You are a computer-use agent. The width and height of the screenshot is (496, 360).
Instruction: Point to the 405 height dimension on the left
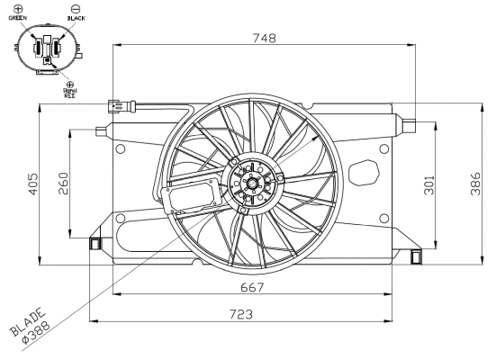point(32,184)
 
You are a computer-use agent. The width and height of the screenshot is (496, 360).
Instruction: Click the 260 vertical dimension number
point(63,184)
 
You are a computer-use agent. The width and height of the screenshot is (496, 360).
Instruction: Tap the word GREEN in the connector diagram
point(18,17)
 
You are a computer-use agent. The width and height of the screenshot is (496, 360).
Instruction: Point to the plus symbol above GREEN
point(17,7)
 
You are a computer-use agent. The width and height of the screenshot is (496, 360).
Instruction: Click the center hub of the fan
point(252,184)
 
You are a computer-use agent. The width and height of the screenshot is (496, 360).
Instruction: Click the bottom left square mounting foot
point(94,243)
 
